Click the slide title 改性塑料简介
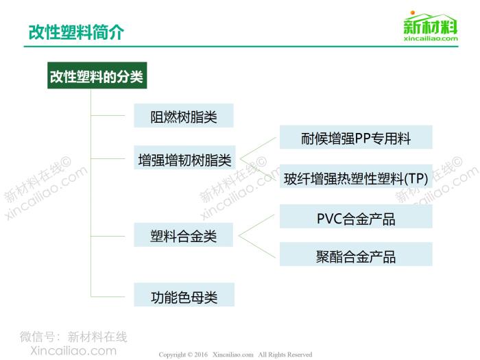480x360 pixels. click(x=76, y=32)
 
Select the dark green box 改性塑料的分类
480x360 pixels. click(x=97, y=75)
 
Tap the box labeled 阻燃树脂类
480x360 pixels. click(x=184, y=116)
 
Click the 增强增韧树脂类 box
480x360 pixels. click(x=184, y=158)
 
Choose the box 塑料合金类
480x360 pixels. click(x=183, y=235)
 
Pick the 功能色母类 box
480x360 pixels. click(x=184, y=294)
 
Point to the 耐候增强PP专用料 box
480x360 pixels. click(x=356, y=137)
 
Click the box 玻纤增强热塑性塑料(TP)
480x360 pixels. click(x=356, y=177)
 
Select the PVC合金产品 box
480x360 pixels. click(x=356, y=217)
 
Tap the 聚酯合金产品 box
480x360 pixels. click(x=356, y=254)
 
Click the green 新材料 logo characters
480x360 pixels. click(x=431, y=26)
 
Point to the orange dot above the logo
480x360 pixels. click(x=412, y=13)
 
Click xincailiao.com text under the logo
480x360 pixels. click(x=431, y=38)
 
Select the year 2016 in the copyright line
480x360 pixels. click(x=201, y=355)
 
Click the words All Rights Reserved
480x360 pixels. click(x=285, y=355)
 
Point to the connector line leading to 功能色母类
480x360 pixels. click(x=108, y=297)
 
